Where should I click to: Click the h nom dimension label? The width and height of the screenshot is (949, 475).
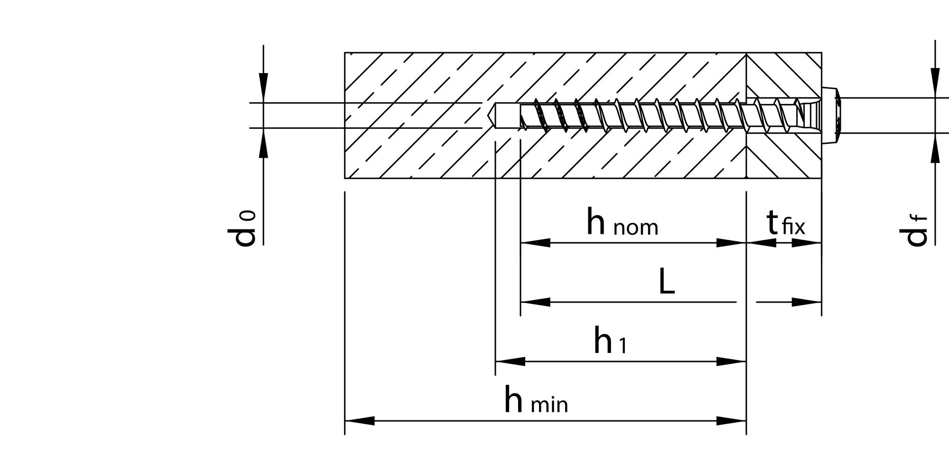623,222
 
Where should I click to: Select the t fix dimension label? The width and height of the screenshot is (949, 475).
786,223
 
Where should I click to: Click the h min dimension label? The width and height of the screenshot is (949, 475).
536,400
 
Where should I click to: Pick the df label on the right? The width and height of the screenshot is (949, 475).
913,231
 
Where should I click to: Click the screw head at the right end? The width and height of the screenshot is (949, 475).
831,115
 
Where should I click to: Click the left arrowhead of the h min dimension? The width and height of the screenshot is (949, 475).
359,421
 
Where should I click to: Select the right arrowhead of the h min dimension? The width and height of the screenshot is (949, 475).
731,421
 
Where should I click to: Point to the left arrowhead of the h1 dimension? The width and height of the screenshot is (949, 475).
510,361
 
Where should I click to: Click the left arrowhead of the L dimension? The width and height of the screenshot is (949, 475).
535,302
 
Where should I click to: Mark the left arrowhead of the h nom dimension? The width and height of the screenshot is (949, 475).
535,243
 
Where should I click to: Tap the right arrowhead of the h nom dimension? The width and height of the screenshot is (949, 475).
731,243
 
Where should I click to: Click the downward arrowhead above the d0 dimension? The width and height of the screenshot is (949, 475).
264,88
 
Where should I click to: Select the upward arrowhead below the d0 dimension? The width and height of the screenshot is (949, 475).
264,142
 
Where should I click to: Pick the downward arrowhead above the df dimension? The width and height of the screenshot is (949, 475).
935,83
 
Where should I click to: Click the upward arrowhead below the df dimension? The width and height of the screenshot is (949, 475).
935,148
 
